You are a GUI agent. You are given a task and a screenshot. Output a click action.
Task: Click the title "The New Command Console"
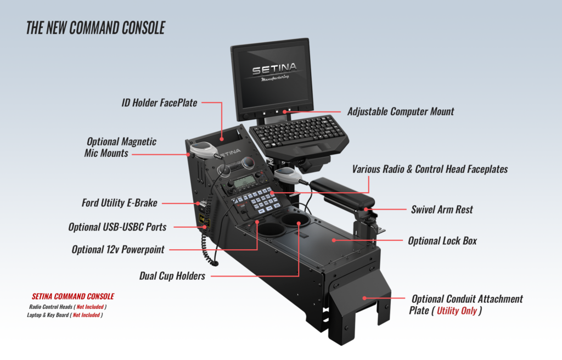(x=95, y=28)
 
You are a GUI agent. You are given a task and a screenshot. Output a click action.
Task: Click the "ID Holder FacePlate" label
(x=159, y=103)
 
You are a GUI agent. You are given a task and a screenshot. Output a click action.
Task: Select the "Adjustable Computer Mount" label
(x=401, y=111)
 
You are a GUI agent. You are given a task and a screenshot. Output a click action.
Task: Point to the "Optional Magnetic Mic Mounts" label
(x=121, y=148)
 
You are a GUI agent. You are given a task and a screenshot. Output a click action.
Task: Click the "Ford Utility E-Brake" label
(x=120, y=203)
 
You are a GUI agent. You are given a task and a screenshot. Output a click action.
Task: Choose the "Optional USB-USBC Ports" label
(x=117, y=227)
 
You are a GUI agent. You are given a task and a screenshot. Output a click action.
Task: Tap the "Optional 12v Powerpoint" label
(x=118, y=250)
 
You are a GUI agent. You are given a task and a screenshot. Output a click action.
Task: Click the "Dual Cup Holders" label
(x=173, y=276)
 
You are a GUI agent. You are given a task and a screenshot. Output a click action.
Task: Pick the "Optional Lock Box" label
(x=442, y=241)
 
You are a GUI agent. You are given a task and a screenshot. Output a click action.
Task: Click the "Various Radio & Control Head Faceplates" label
(x=430, y=170)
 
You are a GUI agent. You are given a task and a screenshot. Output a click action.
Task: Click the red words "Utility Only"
(x=457, y=311)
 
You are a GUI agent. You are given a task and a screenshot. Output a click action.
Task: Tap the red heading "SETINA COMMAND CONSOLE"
(x=73, y=296)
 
